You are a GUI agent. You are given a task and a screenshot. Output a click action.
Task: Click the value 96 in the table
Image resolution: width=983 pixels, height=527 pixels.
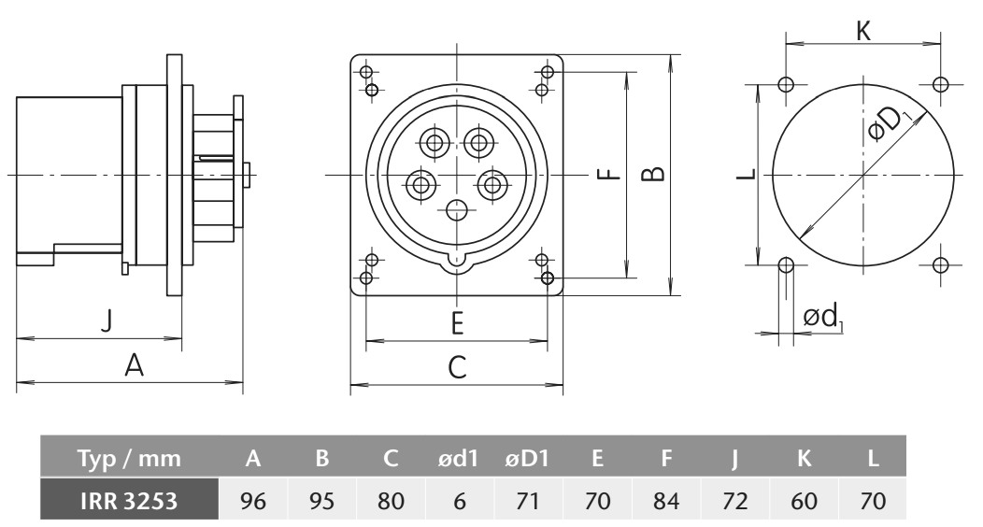(x=252, y=501)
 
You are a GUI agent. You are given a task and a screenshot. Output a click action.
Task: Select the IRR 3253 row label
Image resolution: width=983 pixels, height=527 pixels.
(x=129, y=501)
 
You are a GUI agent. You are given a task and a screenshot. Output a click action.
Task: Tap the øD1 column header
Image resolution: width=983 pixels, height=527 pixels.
(x=527, y=459)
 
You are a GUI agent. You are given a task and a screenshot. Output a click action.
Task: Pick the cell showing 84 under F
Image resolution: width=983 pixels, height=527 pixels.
(x=666, y=501)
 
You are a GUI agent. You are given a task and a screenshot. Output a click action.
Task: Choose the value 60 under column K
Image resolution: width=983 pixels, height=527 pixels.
(x=804, y=501)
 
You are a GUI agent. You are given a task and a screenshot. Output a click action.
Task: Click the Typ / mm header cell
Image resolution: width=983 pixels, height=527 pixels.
(x=129, y=459)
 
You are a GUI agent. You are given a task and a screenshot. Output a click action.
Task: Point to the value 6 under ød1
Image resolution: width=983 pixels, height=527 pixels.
(x=460, y=501)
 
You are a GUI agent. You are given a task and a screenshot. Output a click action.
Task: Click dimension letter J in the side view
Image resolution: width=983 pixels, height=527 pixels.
(x=107, y=320)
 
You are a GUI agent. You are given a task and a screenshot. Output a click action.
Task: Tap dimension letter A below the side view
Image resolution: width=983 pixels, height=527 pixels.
(x=134, y=364)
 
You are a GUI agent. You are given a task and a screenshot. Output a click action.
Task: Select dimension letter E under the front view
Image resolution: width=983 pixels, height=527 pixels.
(x=457, y=323)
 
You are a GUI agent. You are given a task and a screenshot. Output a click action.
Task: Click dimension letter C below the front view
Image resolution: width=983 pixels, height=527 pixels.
(x=457, y=367)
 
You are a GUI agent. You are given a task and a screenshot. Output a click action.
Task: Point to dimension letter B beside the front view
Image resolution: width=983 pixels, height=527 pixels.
(x=654, y=174)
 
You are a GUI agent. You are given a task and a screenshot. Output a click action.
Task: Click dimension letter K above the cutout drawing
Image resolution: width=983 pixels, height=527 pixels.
(x=863, y=31)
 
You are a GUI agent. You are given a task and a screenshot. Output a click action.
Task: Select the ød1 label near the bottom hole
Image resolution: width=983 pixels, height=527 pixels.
(x=822, y=317)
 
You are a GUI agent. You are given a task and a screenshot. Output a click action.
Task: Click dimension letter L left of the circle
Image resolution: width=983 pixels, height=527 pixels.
(x=746, y=174)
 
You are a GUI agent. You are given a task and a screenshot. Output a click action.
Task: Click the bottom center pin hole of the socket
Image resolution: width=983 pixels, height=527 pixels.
(x=457, y=210)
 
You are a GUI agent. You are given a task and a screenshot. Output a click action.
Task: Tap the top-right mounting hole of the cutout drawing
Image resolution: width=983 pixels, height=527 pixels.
(x=939, y=84)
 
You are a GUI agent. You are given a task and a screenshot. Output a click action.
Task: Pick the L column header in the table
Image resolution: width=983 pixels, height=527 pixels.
(x=873, y=459)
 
